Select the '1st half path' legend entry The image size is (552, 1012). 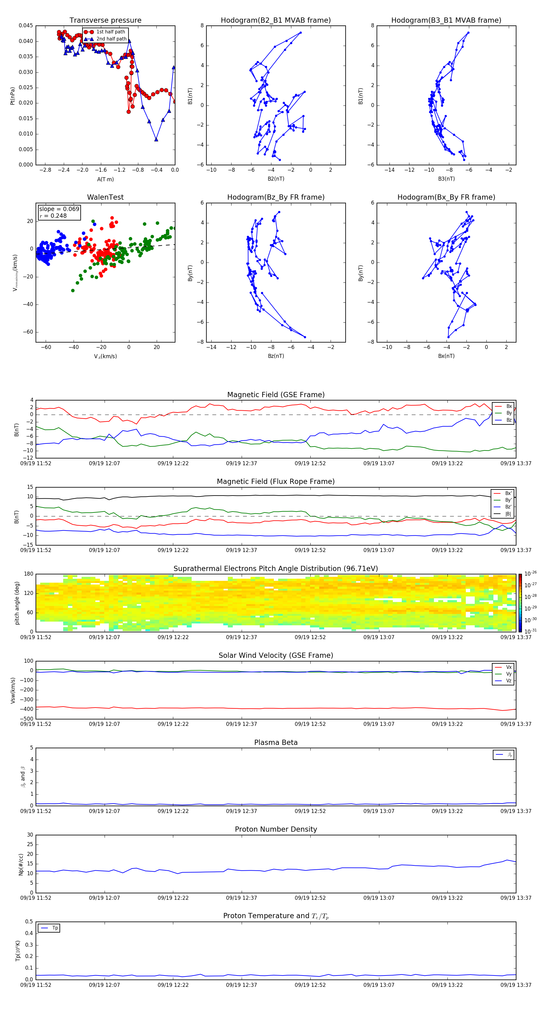pos(110,32)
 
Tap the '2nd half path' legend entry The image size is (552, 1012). pos(111,39)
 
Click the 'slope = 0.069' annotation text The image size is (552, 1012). pos(59,209)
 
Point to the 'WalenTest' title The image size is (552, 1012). pos(105,197)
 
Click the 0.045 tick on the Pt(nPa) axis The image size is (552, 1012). pos(26,26)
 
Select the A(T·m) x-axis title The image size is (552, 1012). pos(105,179)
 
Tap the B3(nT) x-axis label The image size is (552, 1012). pos(446,179)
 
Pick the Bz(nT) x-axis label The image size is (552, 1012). pos(276,356)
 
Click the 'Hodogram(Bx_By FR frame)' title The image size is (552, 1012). pos(446,197)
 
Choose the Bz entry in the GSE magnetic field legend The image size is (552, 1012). pos(509,420)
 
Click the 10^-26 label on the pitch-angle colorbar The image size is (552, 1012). pos(531,573)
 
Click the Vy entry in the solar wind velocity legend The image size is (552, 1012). pos(508,674)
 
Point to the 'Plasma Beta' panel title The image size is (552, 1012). pos(276,742)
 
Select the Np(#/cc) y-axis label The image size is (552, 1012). pos(21,864)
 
